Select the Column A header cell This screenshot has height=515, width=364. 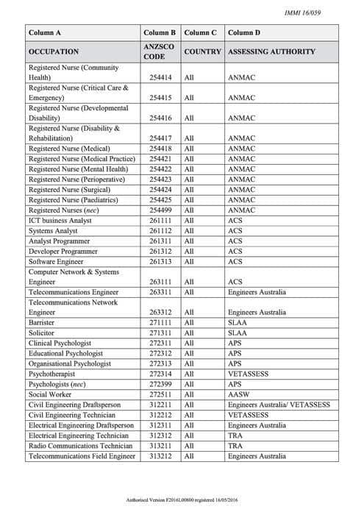tap(44, 33)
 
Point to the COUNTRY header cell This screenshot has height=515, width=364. tap(201, 52)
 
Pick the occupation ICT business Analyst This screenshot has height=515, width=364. tap(60, 220)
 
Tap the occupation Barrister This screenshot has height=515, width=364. tap(42, 322)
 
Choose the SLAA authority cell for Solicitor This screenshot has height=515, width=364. tap(237, 333)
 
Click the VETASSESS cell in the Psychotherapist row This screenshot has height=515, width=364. tap(248, 374)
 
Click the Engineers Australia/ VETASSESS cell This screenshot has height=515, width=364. tap(279, 405)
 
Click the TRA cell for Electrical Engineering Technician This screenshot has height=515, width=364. tap(235, 436)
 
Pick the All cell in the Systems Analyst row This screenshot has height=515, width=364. tap(189, 230)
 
